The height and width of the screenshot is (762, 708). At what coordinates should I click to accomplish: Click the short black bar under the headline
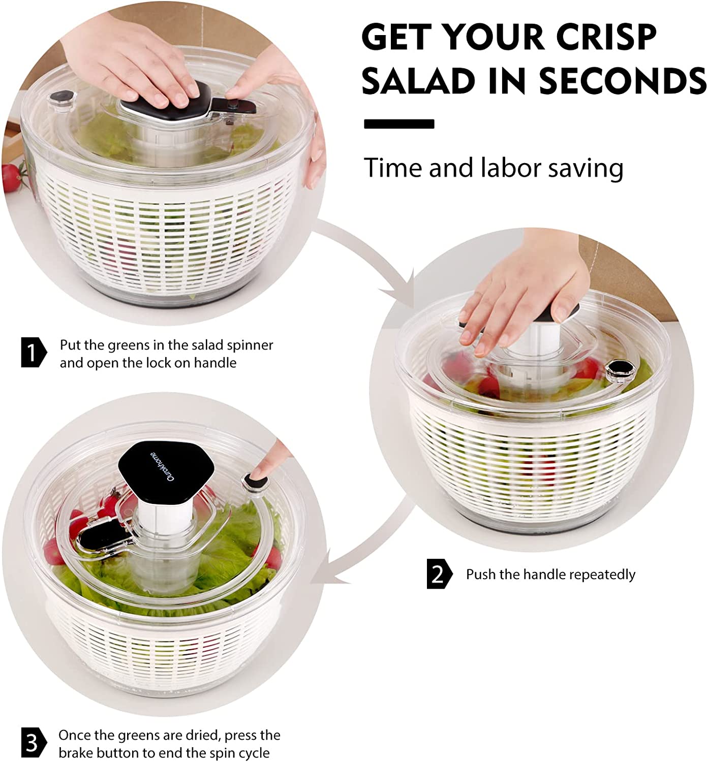(x=399, y=124)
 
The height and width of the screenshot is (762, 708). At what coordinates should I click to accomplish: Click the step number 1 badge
(x=33, y=352)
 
